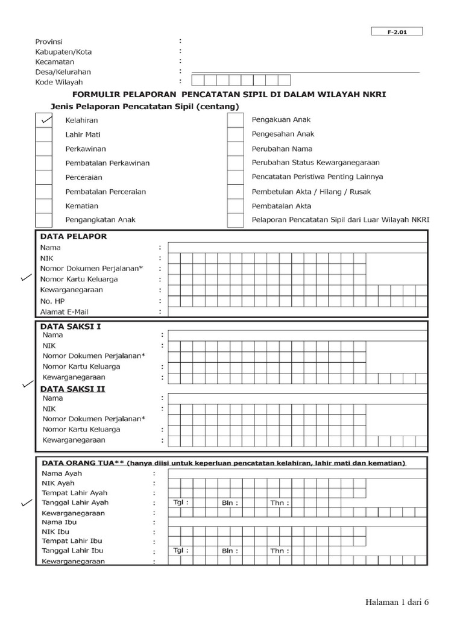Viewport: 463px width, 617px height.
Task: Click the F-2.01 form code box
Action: [x=397, y=32]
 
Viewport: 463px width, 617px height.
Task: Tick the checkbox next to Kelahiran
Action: [x=43, y=120]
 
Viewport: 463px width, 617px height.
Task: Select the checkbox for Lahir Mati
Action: [x=43, y=134]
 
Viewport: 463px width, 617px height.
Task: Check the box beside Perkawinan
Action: [x=43, y=149]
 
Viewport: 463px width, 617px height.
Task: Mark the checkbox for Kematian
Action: [x=43, y=206]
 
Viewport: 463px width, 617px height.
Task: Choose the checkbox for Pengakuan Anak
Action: [x=235, y=120]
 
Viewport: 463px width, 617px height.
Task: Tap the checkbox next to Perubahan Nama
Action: [x=235, y=149]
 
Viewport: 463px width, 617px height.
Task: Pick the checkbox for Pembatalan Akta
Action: [x=235, y=206]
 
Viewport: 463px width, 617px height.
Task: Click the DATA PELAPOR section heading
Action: [x=73, y=236]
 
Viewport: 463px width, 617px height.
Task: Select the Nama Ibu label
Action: [x=58, y=522]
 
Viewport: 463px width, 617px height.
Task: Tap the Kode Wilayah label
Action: [x=58, y=81]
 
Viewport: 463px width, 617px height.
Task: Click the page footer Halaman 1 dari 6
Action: [x=398, y=601]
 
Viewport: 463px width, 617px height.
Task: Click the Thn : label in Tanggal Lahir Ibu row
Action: [x=279, y=551]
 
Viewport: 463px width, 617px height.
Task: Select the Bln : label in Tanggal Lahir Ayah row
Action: [x=230, y=502]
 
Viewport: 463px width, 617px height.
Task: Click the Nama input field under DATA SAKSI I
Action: [x=298, y=335]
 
